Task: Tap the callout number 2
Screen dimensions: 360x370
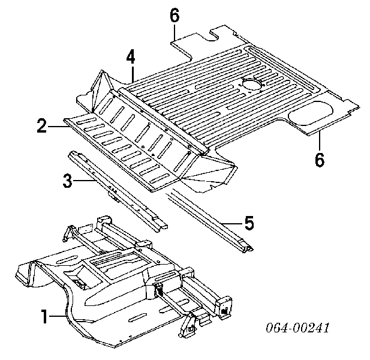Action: pos(41,126)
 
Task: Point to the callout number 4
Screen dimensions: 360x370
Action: pos(131,58)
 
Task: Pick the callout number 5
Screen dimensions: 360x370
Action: pos(249,224)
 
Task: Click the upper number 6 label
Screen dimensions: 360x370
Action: pos(175,16)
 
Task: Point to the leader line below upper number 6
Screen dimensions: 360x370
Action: pos(174,33)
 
